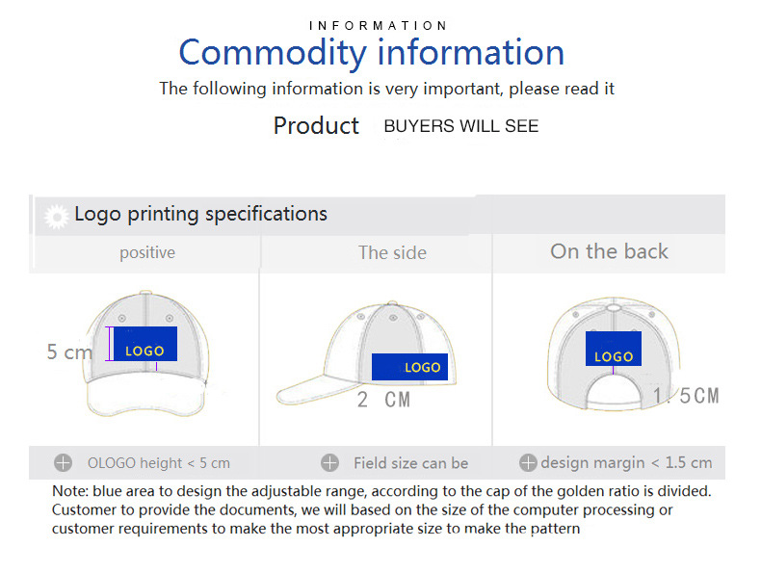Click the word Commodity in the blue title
(x=273, y=52)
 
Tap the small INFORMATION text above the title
(x=378, y=26)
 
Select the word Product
(x=316, y=125)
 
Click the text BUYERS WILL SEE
(x=461, y=126)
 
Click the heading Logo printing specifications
(x=201, y=214)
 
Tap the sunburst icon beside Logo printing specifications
(x=57, y=217)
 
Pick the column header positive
(x=147, y=252)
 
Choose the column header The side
(x=392, y=252)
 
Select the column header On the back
(x=609, y=251)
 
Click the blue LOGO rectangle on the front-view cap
(x=145, y=344)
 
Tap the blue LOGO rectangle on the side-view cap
(x=409, y=367)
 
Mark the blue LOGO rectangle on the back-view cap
(x=614, y=349)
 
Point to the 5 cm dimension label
(x=69, y=352)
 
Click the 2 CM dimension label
(x=383, y=400)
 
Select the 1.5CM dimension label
(x=686, y=396)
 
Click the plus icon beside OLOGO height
(x=63, y=463)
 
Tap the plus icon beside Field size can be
(x=330, y=463)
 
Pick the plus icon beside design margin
(x=528, y=463)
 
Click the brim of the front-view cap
(x=145, y=397)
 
